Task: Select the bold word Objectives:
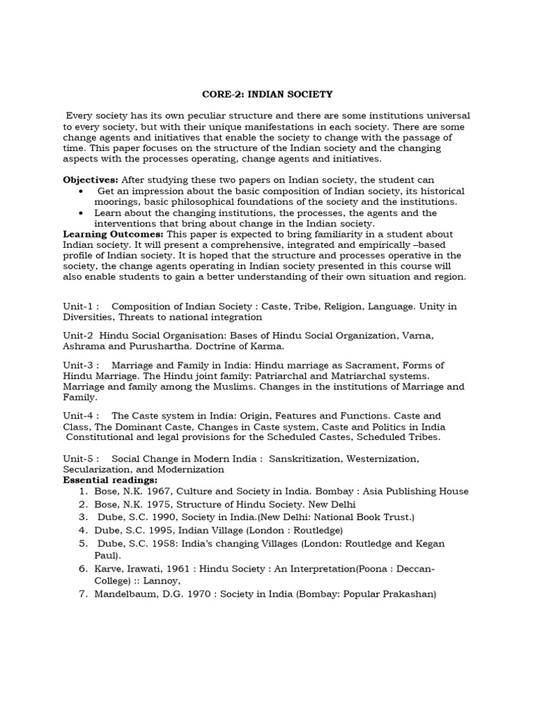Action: pyautogui.click(x=91, y=180)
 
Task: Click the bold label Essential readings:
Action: pyautogui.click(x=110, y=480)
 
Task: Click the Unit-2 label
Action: pyautogui.click(x=79, y=336)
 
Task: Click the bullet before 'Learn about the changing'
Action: pyautogui.click(x=83, y=213)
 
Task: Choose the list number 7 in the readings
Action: pyautogui.click(x=82, y=595)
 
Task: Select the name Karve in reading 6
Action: pyautogui.click(x=109, y=569)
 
